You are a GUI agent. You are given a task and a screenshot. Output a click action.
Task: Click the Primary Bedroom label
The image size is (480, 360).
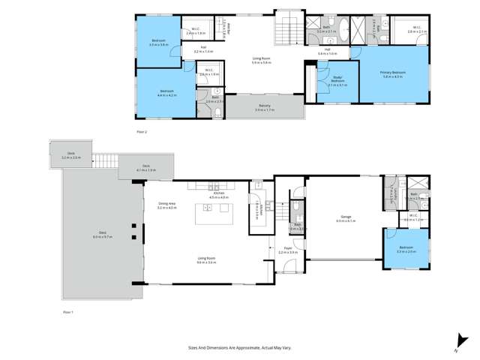(x=394, y=72)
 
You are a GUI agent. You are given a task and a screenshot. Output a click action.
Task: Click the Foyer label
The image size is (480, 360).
(x=288, y=249)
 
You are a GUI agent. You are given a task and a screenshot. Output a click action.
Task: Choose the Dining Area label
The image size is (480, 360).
(x=166, y=205)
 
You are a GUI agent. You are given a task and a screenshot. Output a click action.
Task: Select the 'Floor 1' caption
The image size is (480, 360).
(x=68, y=310)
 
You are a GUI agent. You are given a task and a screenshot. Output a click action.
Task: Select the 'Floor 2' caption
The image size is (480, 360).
(x=142, y=131)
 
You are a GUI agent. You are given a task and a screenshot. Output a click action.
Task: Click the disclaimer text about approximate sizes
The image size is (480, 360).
(x=239, y=347)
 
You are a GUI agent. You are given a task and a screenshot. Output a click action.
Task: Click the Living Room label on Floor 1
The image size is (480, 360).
(x=206, y=259)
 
